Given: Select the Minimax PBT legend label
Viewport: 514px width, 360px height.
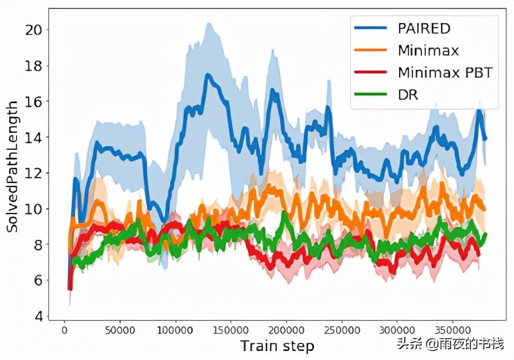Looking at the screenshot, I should click(x=445, y=72).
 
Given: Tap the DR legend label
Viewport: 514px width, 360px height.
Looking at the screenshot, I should click(x=409, y=94).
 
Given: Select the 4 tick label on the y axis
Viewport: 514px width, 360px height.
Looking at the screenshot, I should click(x=39, y=317).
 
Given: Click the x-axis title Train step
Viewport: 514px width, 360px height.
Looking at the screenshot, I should click(x=278, y=346).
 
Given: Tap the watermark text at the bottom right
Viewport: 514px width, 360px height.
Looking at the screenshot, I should click(x=450, y=344).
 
